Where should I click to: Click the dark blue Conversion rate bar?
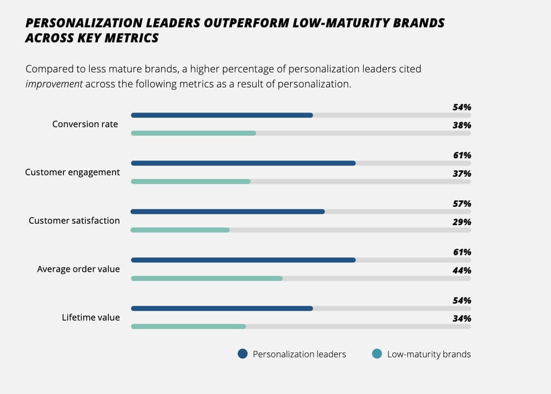222,115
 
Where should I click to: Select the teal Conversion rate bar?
193,133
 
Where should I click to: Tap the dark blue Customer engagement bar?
243,163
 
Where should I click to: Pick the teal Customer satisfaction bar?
180,230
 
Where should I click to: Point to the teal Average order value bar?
207,278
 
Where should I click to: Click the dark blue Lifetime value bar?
222,309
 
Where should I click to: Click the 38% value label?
462,125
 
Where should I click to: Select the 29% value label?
462,222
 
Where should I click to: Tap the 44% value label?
462,271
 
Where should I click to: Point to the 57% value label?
462,204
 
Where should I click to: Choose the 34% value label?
462,319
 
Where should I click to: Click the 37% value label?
462,174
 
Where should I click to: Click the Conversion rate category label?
85,124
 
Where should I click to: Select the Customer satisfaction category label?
74,220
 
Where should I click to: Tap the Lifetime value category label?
90,317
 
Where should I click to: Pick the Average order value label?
78,269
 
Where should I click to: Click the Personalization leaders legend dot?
242,354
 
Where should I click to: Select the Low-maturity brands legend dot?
377,354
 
